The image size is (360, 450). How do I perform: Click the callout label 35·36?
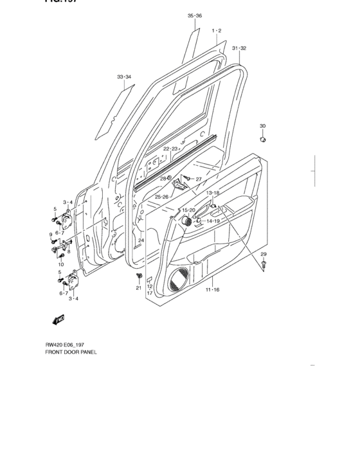point(195,15)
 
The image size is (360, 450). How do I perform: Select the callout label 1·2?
point(217,31)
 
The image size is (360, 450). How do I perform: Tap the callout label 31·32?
point(239,48)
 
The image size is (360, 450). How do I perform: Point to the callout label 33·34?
point(124,77)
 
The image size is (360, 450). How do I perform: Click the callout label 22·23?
point(170,148)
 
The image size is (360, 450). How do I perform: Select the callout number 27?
point(199,179)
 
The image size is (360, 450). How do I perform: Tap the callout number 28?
point(163,179)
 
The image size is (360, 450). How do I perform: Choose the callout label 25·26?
point(161,197)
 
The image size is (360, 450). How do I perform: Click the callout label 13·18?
point(213,193)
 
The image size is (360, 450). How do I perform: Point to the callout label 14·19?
point(213,221)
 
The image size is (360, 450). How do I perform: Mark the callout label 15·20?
point(188,210)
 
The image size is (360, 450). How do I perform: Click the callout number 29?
point(264,256)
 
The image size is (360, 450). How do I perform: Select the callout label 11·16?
point(213,291)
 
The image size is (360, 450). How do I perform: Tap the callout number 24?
point(141,240)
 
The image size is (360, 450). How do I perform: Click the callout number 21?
point(138,288)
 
